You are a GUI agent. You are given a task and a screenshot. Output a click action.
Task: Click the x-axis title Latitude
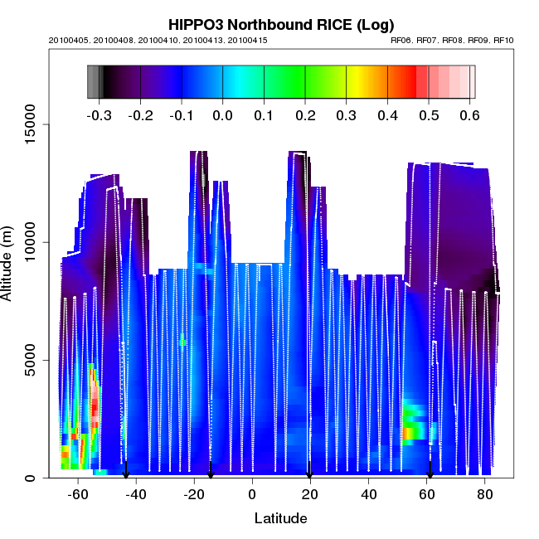pos(280,519)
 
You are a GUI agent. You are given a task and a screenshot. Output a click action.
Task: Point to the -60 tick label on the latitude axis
pos(78,495)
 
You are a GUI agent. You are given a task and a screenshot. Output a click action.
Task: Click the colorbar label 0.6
pos(469,115)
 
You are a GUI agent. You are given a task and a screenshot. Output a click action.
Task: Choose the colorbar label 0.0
pos(222,115)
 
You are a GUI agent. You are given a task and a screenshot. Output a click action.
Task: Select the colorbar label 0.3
pos(346,115)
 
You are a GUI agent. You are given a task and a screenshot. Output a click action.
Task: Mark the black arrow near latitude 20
pos(309,471)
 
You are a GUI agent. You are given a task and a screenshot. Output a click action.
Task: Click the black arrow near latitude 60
pos(430,471)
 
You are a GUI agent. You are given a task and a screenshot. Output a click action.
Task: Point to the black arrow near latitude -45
pos(126,471)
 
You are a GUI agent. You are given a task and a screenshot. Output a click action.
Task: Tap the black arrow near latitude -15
pos(211,471)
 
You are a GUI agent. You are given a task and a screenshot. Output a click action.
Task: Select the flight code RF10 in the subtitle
pos(503,40)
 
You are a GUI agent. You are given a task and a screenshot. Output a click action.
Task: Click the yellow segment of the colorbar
pos(353,82)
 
